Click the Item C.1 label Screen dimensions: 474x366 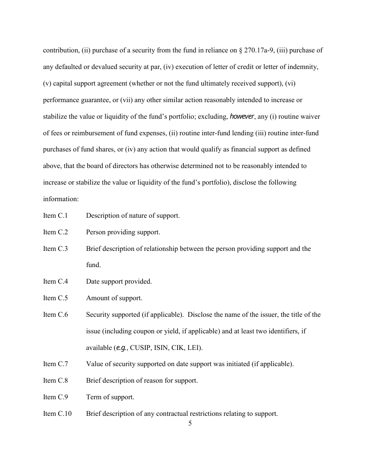[55, 215]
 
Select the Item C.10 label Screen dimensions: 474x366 [57, 413]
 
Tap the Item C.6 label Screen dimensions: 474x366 [55, 314]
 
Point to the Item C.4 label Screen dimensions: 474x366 [55, 281]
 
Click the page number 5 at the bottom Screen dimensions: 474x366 [190, 424]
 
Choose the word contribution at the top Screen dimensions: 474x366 [60, 50]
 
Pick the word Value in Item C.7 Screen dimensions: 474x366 [94, 364]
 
